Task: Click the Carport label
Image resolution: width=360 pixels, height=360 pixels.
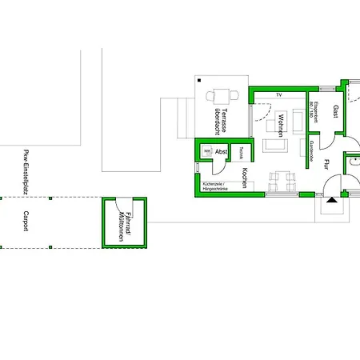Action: point(24,222)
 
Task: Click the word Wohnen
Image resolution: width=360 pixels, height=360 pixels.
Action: point(281,126)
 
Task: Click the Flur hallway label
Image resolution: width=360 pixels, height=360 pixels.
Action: point(327,166)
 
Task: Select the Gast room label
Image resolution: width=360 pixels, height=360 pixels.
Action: point(336,111)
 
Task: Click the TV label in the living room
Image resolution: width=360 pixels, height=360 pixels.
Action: point(279,95)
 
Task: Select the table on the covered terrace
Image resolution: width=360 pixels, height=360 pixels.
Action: point(223,94)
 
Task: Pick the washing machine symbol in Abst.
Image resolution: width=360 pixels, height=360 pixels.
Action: point(206,150)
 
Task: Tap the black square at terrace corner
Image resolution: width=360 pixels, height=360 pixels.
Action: point(200,79)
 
